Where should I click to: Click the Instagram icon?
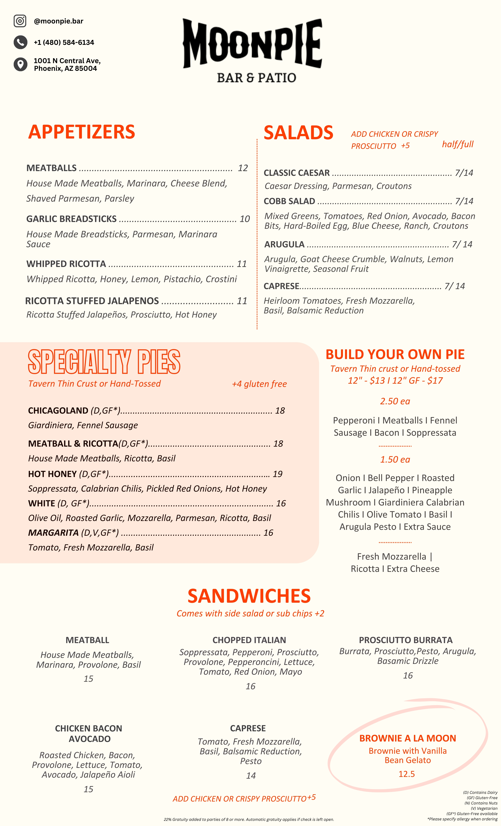[20, 21]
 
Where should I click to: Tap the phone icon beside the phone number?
[20, 42]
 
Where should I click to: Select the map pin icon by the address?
[20, 64]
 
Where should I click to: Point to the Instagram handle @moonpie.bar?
[59, 21]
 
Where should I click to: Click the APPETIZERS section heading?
[82, 132]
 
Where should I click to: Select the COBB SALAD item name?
[289, 201]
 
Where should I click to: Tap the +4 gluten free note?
[259, 384]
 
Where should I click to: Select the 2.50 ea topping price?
[395, 401]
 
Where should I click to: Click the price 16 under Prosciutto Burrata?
[408, 676]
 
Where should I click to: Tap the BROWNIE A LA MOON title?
[408, 738]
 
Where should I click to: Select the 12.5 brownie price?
[407, 774]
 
